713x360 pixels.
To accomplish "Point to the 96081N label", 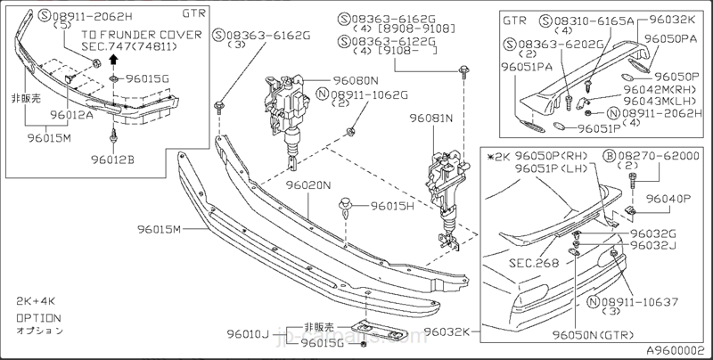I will pyautogui.click(x=431, y=118).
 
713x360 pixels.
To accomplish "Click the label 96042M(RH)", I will pyautogui.click(x=660, y=89).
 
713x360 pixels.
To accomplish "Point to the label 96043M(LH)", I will pyautogui.click(x=660, y=101).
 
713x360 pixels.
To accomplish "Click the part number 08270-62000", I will pyautogui.click(x=660, y=155).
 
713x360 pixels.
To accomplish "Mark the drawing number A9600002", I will pyautogui.click(x=676, y=350).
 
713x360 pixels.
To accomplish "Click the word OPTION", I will pyautogui.click(x=38, y=317).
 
